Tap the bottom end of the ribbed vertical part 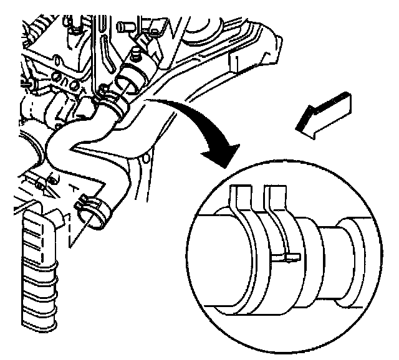(x=41, y=327)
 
